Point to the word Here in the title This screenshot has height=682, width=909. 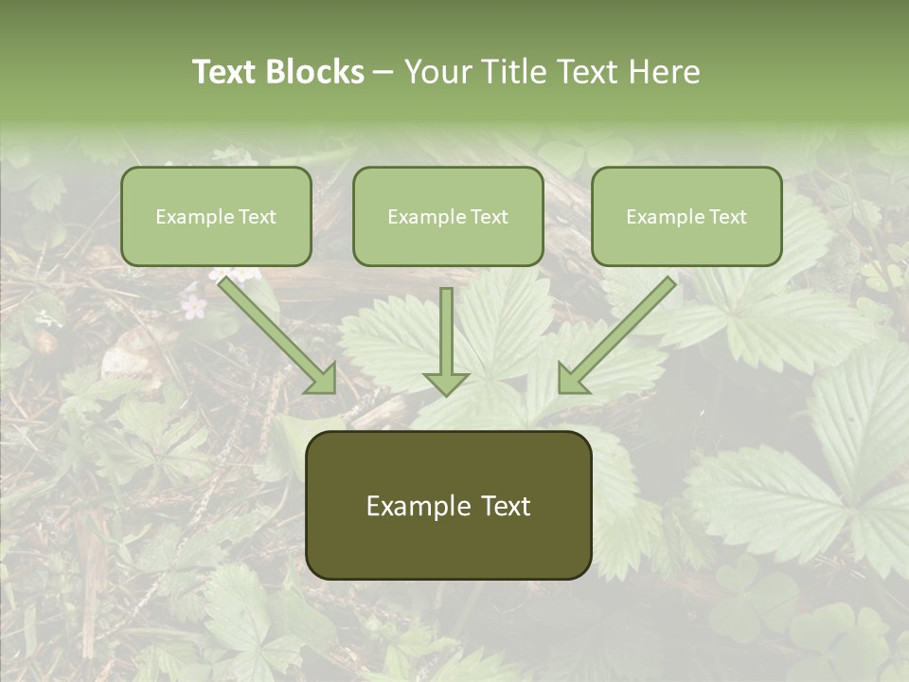click(x=665, y=72)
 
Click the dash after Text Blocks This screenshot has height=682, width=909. click(x=383, y=73)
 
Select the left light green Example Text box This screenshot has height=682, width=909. click(x=216, y=216)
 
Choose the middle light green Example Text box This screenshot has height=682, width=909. click(x=448, y=216)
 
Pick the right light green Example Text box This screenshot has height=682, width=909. click(x=686, y=216)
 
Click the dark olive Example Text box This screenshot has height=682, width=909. click(x=448, y=505)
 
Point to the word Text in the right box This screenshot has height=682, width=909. click(x=728, y=217)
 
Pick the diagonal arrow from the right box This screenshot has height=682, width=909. click(x=616, y=335)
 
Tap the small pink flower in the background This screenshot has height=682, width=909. click(x=193, y=305)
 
